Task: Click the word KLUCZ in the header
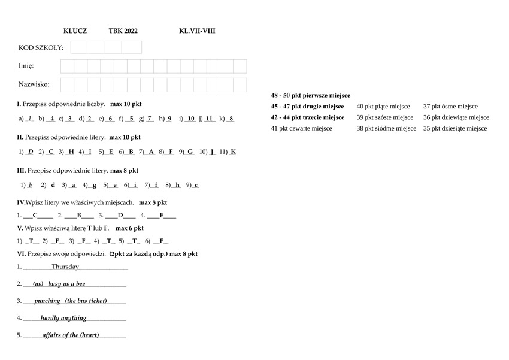[x=75, y=31]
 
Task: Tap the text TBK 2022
[x=123, y=31]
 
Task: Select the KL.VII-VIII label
[x=197, y=31]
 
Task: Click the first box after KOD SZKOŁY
[x=79, y=47]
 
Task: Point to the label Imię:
[x=26, y=66]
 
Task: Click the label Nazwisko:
[x=34, y=84]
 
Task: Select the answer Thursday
[x=65, y=267]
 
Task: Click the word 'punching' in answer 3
[x=47, y=301]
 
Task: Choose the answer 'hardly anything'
[x=63, y=318]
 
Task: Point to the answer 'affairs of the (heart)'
[x=71, y=335]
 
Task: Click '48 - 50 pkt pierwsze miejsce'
[x=310, y=95]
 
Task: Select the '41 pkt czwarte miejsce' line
[x=301, y=128]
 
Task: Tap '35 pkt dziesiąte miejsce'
[x=455, y=128]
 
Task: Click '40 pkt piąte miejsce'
[x=383, y=107]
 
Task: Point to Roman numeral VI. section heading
[x=21, y=253]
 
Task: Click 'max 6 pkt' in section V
[x=129, y=228]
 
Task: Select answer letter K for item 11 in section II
[x=233, y=152]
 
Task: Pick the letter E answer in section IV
[x=162, y=215]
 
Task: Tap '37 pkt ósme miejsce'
[x=450, y=107]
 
